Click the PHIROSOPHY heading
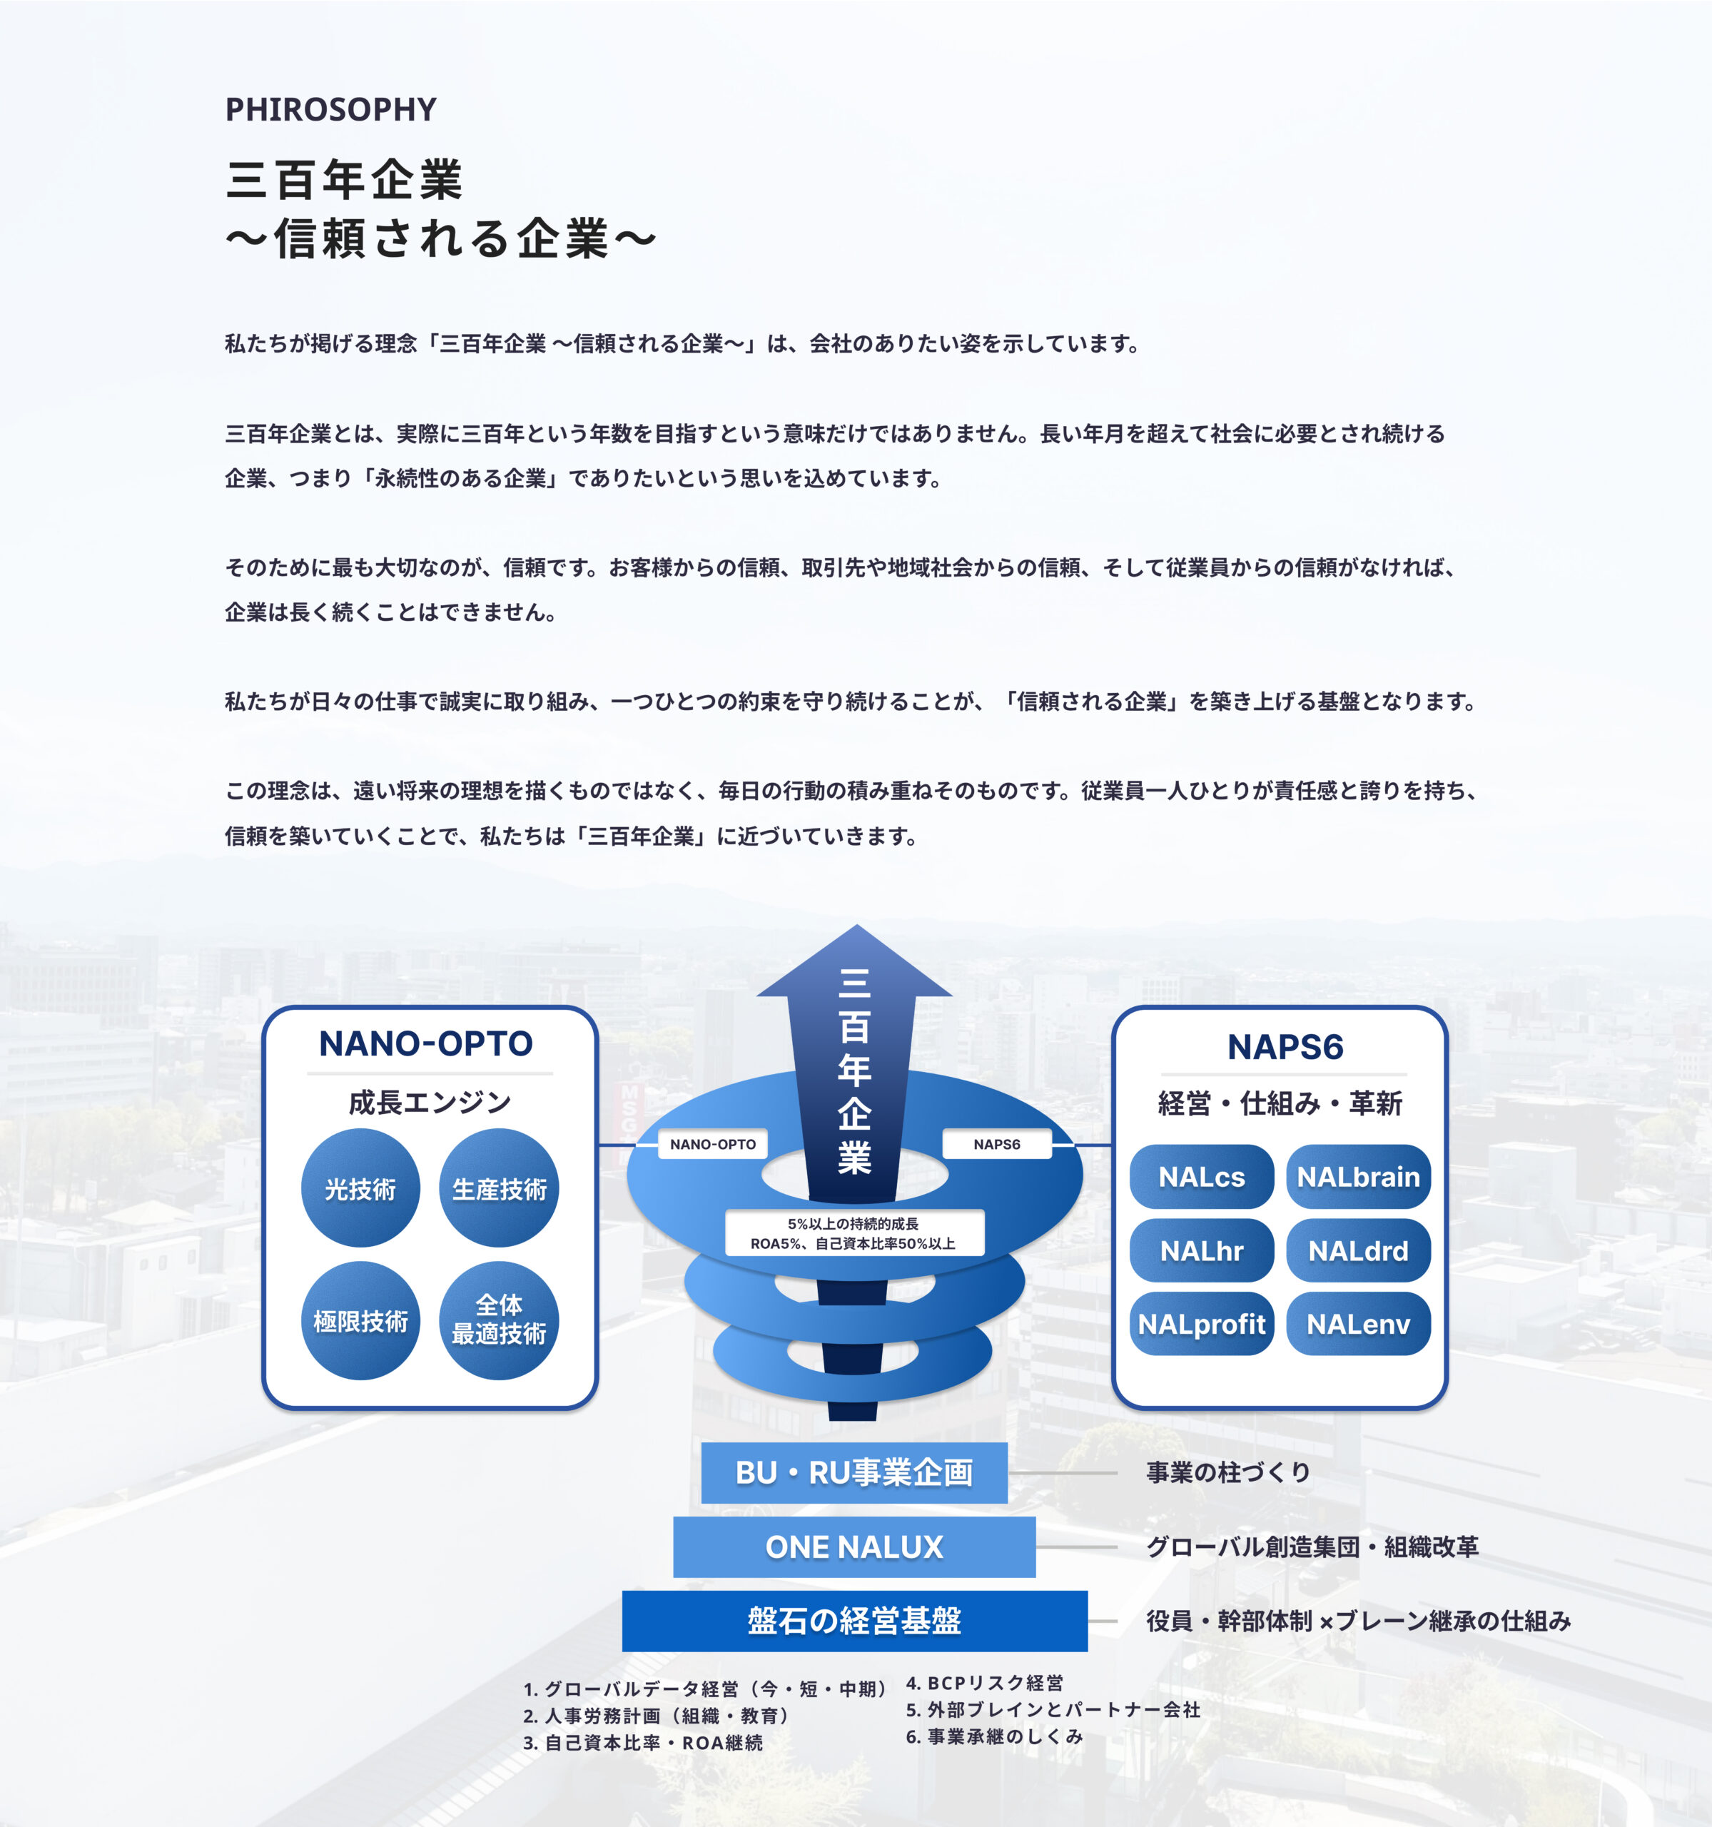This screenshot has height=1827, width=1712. tap(331, 109)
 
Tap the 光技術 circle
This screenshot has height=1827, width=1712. tap(360, 1188)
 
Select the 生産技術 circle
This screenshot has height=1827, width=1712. tap(499, 1188)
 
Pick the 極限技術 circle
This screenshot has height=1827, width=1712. tap(360, 1320)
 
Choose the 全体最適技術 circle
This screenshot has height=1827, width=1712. tap(499, 1320)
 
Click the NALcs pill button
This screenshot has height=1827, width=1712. tap(1201, 1176)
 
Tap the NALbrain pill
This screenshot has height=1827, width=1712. tap(1358, 1176)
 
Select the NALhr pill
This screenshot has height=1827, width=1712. tap(1201, 1251)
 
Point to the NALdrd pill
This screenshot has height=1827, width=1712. tap(1358, 1251)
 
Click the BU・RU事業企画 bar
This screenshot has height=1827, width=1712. tap(854, 1472)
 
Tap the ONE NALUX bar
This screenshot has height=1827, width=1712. tap(854, 1547)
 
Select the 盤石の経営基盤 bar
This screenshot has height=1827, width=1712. tap(854, 1620)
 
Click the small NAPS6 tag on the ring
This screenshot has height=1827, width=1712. tap(997, 1144)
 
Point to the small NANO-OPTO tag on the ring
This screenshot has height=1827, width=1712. tap(712, 1144)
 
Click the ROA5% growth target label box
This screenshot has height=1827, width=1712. tap(854, 1233)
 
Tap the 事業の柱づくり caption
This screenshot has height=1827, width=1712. tap(1227, 1472)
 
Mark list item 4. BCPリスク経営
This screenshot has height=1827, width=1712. tap(984, 1683)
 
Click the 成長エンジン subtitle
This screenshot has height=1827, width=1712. tap(429, 1102)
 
